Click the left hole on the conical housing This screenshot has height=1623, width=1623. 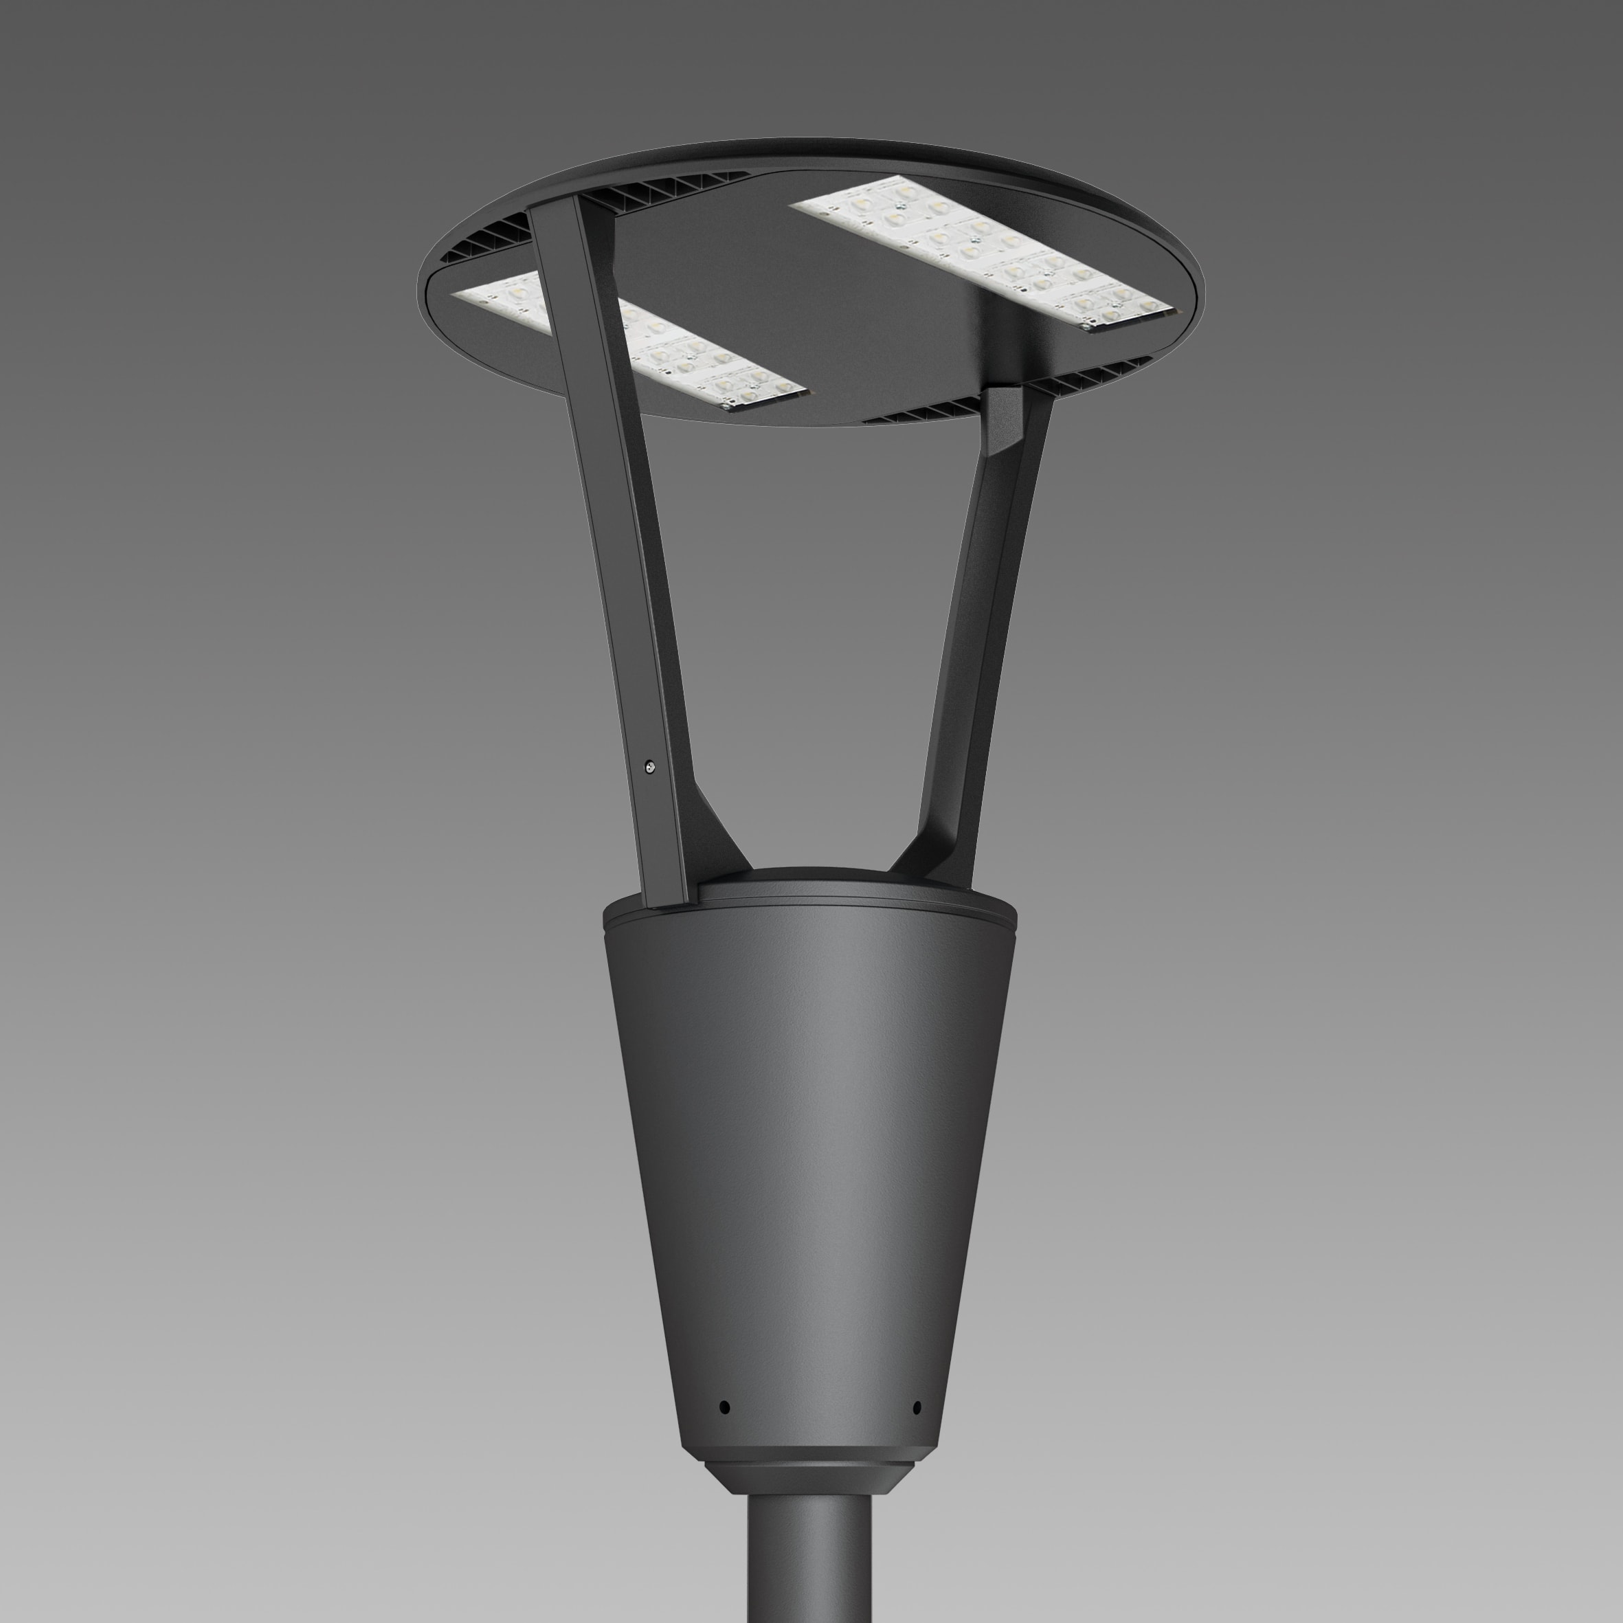(x=725, y=1407)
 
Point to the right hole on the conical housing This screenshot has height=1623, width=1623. (x=917, y=1407)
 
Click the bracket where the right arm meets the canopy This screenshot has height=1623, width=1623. (x=1005, y=420)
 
